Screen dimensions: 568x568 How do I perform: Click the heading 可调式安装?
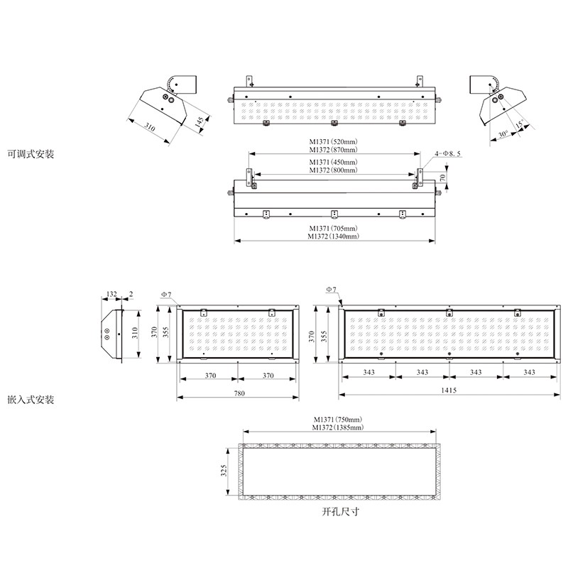point(31,154)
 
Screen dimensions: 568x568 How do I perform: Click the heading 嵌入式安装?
point(31,400)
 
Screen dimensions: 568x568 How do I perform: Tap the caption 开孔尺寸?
point(341,511)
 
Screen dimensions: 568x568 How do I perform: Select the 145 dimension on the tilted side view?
point(200,121)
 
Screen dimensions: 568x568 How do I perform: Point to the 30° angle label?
point(503,134)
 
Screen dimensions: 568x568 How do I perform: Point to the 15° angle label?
point(520,124)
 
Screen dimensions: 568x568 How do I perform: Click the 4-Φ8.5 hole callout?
point(448,153)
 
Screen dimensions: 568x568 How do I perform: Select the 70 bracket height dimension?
point(442,177)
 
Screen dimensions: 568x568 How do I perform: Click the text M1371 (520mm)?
point(333,141)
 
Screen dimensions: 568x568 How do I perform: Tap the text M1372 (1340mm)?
point(334,236)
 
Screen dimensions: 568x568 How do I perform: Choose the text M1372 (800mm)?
point(333,170)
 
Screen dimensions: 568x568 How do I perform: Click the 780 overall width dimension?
point(239,393)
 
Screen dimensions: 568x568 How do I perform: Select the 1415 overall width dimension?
point(449,390)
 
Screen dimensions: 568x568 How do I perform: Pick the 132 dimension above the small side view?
point(111,294)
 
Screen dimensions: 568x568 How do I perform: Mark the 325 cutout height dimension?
point(224,470)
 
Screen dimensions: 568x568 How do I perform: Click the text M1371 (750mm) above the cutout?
point(338,420)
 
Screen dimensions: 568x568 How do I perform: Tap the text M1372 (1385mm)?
point(338,427)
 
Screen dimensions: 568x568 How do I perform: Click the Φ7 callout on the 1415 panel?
point(331,289)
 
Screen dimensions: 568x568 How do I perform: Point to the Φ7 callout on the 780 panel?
point(166,295)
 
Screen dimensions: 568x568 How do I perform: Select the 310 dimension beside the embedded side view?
point(135,332)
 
